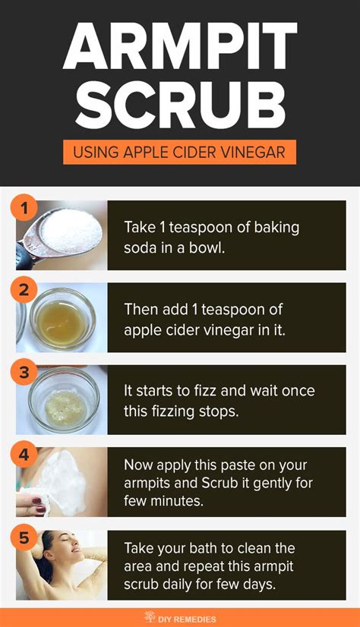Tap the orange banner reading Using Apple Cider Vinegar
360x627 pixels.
click(179, 153)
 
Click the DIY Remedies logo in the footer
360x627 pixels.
click(179, 617)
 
